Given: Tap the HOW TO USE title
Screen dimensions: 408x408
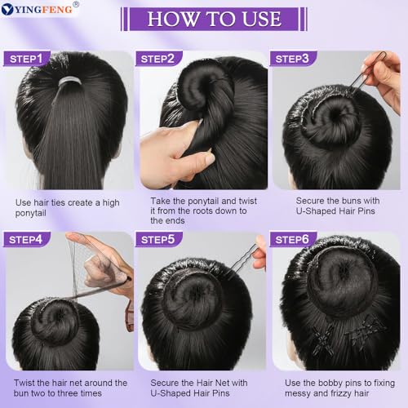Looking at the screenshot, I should [x=214, y=19].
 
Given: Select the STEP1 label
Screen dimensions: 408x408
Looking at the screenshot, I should [x=28, y=58].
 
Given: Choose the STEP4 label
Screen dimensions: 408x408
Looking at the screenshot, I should [x=28, y=240].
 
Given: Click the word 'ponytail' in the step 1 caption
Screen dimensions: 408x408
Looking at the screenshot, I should [x=35, y=213].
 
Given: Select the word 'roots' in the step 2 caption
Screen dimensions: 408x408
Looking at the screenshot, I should [x=202, y=211].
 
